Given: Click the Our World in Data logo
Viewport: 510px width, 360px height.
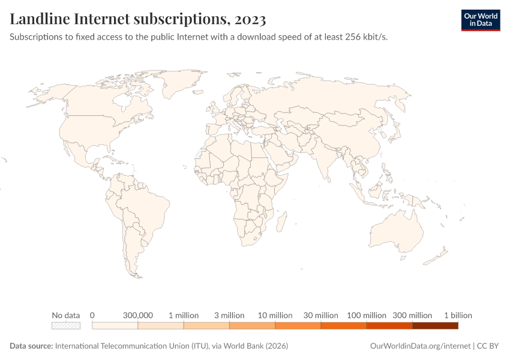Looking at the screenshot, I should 480,20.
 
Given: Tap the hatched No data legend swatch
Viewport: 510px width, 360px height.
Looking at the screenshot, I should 66,326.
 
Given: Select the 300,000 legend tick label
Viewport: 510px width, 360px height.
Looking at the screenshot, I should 138,315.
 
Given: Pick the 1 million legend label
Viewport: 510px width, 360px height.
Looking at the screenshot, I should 184,315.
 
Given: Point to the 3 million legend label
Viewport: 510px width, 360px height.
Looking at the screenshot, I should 229,315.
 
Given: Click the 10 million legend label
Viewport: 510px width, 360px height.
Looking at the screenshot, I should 275,315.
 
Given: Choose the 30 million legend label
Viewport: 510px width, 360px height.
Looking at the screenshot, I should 320,315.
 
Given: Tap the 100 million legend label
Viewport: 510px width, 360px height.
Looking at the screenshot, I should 366,315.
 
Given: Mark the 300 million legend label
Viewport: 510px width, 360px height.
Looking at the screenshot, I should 412,315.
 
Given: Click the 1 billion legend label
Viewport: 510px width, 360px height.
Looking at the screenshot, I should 458,315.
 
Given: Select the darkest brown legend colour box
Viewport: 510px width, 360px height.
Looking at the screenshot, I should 435,326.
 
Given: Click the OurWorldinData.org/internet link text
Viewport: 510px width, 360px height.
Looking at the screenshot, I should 421,346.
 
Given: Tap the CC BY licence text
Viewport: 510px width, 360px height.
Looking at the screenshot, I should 488,346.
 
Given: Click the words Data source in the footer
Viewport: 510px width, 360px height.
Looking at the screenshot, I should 31,346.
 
